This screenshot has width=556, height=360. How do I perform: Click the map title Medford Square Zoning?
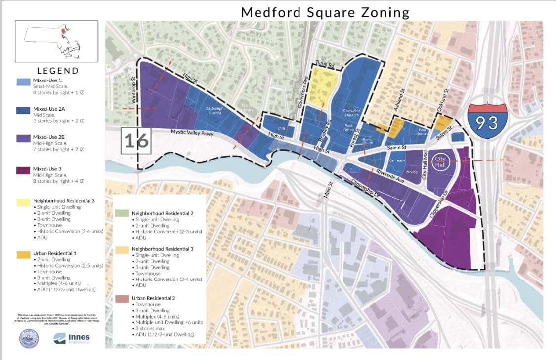(x=325, y=12)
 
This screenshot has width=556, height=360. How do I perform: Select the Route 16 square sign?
(x=136, y=141)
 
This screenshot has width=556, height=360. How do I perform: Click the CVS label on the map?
(x=281, y=129)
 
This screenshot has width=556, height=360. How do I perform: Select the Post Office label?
(x=349, y=128)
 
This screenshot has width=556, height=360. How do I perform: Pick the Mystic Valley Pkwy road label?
(x=191, y=132)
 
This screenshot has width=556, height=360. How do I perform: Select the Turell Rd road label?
(x=325, y=65)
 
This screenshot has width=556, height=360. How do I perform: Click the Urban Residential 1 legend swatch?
(x=23, y=254)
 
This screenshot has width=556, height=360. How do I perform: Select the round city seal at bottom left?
(x=29, y=339)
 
